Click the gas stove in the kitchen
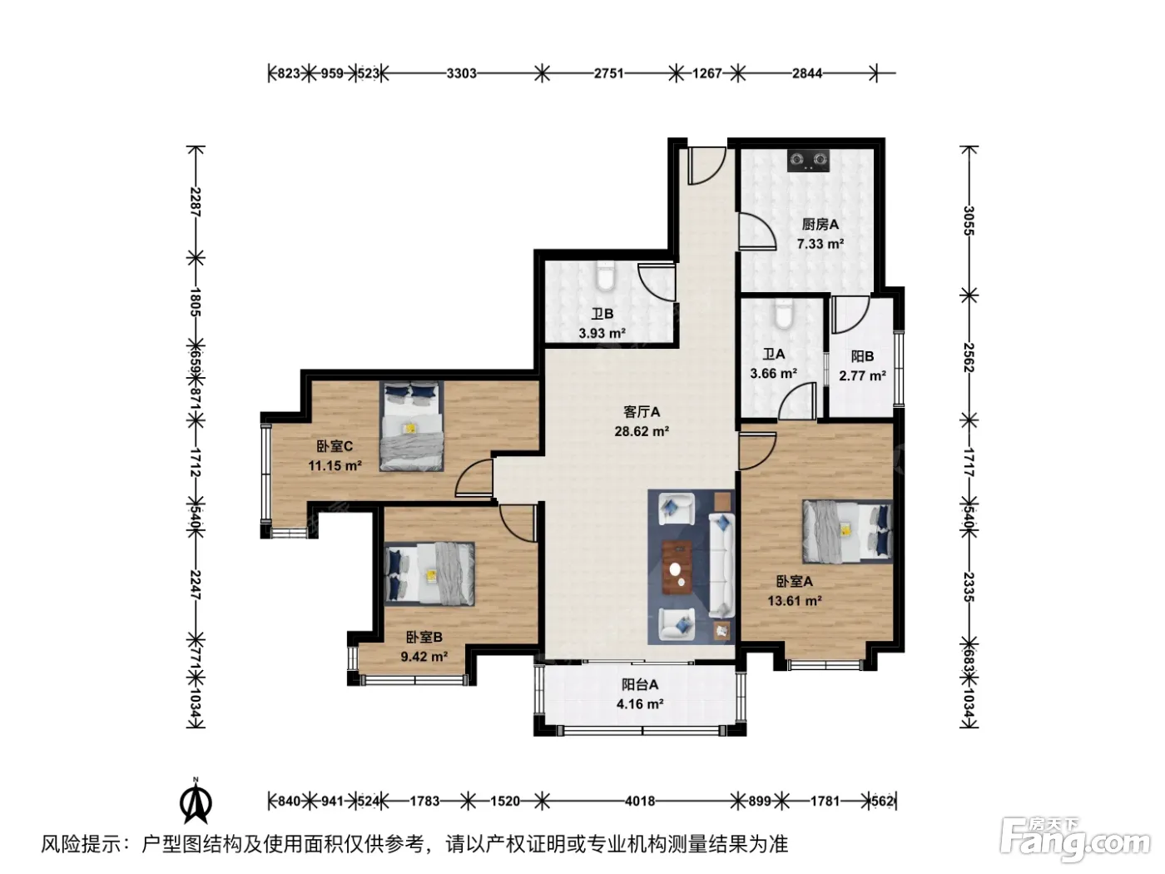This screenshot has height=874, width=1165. click(808, 161)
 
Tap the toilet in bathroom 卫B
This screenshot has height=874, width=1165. click(605, 276)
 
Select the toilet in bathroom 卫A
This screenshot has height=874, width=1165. click(783, 313)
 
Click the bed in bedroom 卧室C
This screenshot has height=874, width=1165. click(411, 425)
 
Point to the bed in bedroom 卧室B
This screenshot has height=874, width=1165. click(429, 574)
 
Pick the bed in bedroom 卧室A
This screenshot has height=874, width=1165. click(848, 531)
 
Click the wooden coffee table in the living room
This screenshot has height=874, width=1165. click(677, 567)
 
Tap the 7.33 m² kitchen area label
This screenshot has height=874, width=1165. click(820, 244)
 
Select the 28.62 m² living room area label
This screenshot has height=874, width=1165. click(641, 431)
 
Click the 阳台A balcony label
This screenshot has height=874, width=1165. click(640, 685)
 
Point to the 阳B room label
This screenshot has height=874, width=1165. click(862, 356)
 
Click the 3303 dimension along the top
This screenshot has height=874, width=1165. click(461, 73)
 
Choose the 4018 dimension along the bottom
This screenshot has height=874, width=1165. click(640, 801)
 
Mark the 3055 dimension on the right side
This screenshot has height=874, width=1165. click(969, 221)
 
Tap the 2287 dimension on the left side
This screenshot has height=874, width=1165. click(196, 202)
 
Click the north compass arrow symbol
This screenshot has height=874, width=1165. click(196, 801)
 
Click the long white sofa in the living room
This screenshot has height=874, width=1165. click(721, 566)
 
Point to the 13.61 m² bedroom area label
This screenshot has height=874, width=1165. click(795, 601)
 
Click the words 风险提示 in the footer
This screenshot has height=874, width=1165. click(82, 844)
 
